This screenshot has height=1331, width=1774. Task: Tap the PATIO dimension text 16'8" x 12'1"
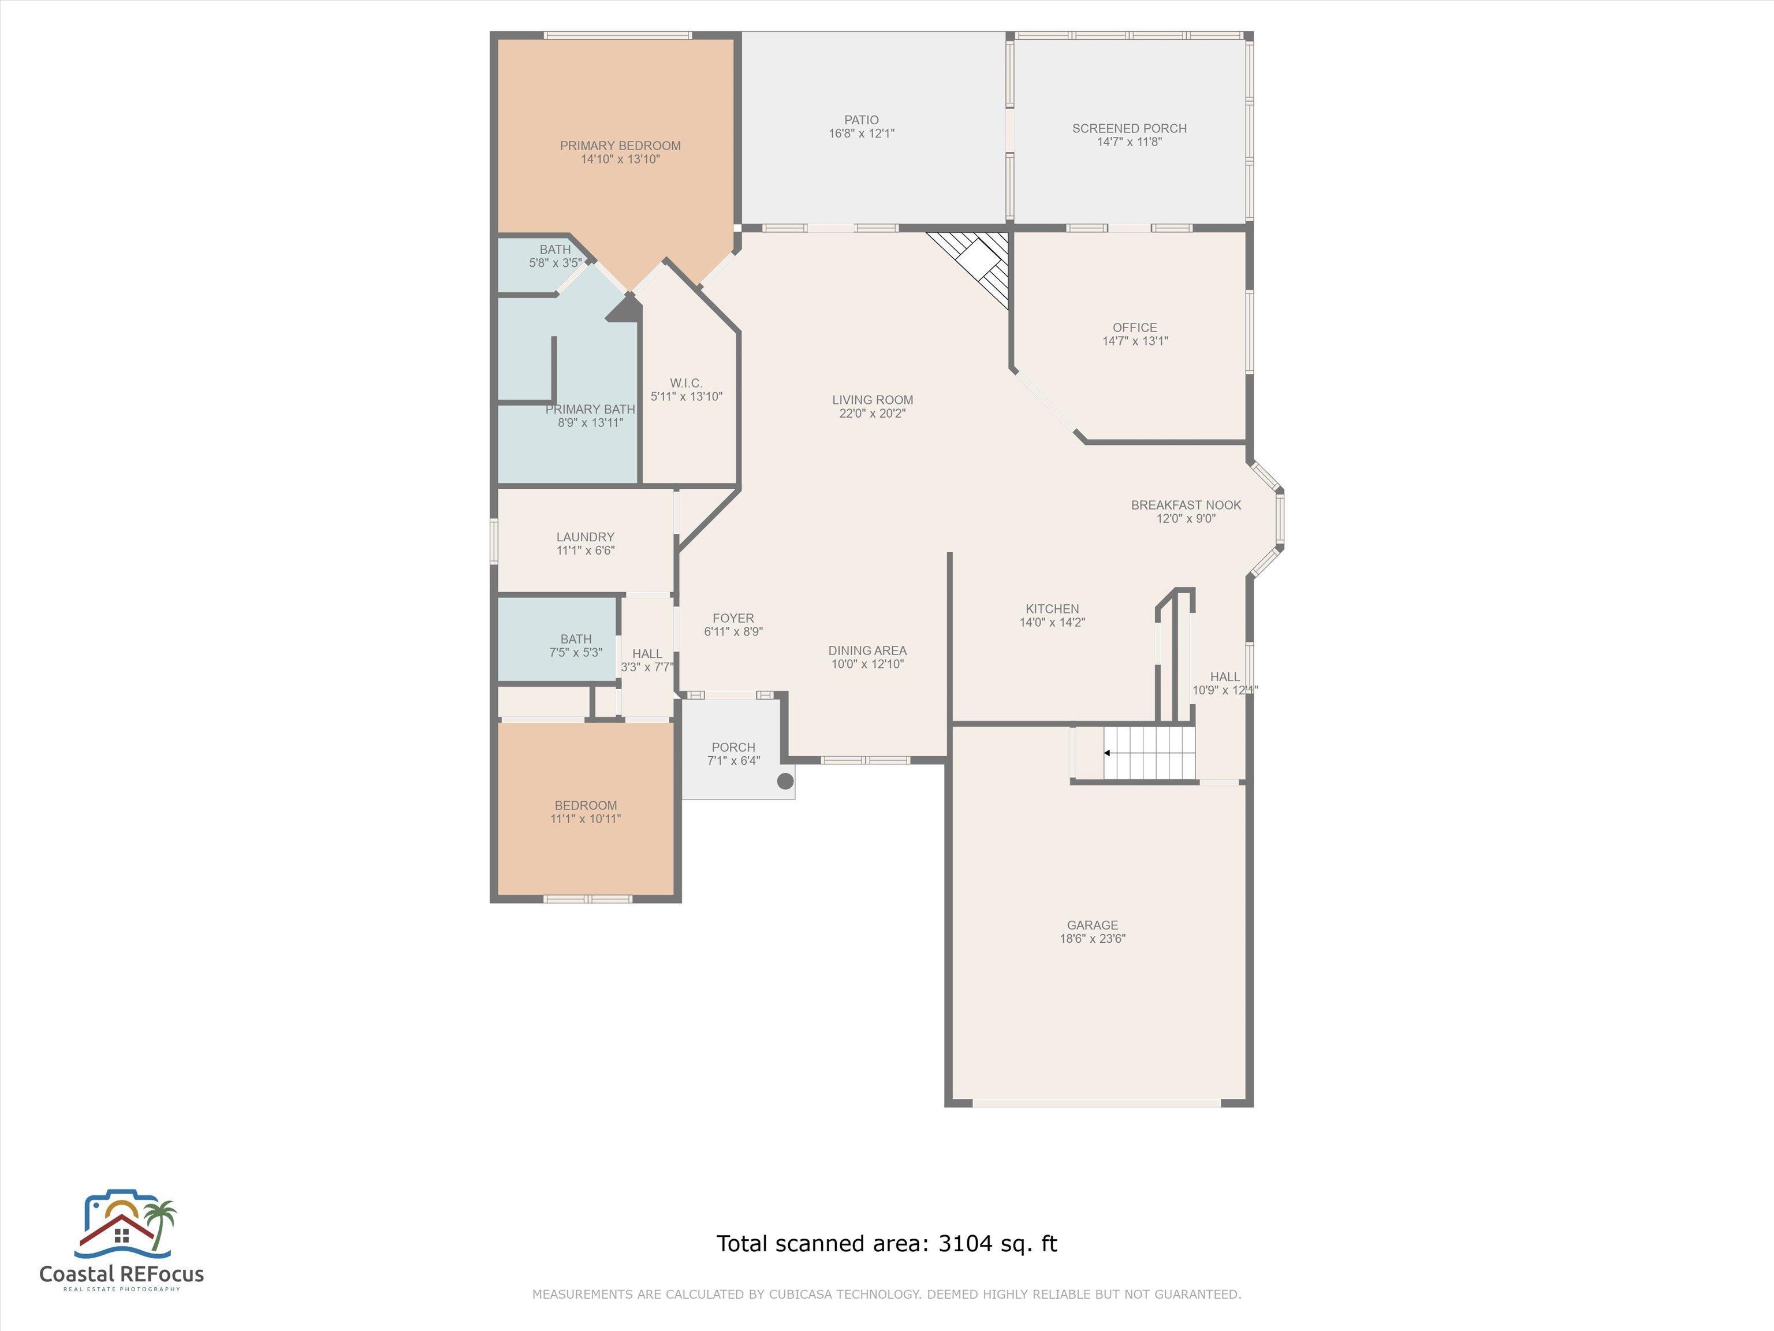click(862, 134)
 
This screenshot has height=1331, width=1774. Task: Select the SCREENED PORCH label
click(1129, 128)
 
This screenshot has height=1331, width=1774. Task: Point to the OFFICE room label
click(1135, 328)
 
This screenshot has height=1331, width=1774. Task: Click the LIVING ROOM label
click(873, 400)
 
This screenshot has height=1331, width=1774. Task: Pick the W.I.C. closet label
click(687, 382)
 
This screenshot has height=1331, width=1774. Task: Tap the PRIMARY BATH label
click(590, 409)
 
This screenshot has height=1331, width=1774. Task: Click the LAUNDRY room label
click(586, 537)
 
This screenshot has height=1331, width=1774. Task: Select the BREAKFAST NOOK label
click(1186, 505)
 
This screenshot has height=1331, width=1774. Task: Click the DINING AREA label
click(868, 650)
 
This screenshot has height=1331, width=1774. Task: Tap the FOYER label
click(733, 618)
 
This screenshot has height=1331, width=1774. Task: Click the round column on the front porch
click(785, 780)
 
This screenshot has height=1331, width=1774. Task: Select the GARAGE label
click(1093, 925)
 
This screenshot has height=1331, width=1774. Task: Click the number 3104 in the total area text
click(966, 1244)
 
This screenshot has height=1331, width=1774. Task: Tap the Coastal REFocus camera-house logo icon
click(126, 1224)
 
